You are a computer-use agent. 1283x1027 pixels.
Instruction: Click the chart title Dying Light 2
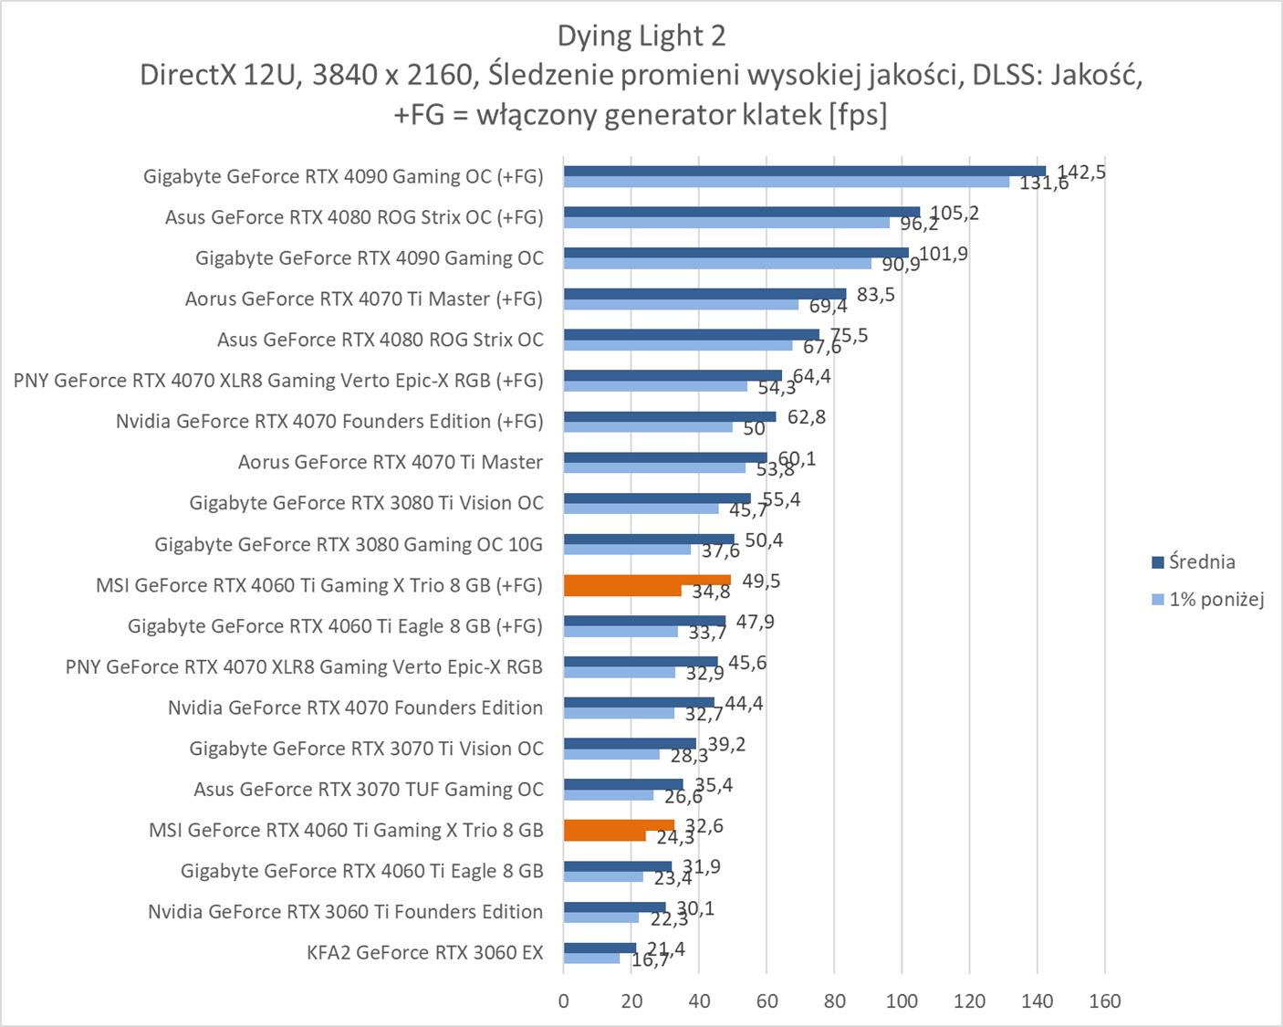tap(641, 36)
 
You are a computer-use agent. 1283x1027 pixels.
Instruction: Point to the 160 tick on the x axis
tap(1104, 1001)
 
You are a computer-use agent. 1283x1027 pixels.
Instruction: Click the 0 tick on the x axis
tap(564, 1001)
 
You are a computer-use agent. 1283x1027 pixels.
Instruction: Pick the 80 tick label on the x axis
tap(834, 1001)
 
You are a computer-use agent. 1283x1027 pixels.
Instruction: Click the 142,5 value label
tap(1081, 172)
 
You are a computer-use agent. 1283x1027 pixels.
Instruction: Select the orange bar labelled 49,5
tap(647, 580)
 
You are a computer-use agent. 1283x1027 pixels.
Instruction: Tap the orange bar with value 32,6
tap(619, 825)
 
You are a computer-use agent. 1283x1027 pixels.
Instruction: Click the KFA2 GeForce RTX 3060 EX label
tap(425, 953)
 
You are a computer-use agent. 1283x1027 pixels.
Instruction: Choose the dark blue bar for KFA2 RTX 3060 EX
tap(600, 948)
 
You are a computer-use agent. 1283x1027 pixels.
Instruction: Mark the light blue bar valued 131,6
tap(787, 183)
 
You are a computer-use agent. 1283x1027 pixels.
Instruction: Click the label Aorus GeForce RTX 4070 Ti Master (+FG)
tap(363, 299)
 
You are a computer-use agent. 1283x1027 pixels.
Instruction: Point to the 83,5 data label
tap(876, 295)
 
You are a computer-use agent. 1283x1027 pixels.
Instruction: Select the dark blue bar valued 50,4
tap(649, 539)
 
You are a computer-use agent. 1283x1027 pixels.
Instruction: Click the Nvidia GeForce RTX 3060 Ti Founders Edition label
tap(346, 912)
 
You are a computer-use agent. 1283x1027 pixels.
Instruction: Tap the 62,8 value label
tap(807, 417)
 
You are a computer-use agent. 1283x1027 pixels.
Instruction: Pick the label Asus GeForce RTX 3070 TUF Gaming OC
tap(369, 790)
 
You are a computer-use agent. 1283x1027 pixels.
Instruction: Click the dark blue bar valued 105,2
tap(741, 212)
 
